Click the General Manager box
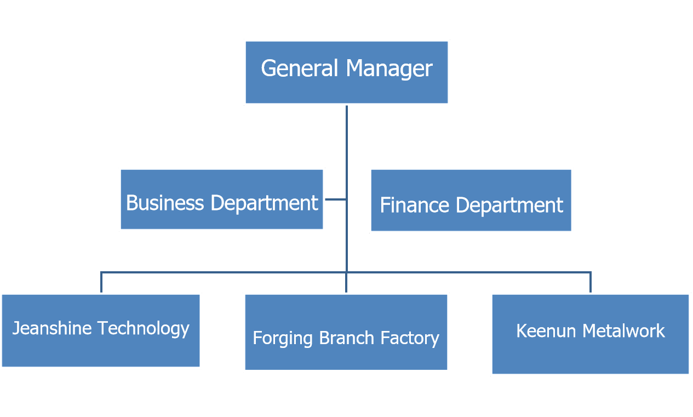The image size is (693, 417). tap(346, 72)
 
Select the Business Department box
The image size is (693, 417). tap(222, 199)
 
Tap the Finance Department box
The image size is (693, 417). tap(471, 200)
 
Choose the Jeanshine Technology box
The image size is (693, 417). tap(101, 330)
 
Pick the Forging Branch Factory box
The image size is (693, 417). tap(346, 333)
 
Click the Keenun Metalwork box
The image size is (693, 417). tap(590, 334)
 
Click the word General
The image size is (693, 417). tap(300, 68)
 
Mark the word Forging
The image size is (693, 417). tap(282, 338)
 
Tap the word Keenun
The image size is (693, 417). tap(546, 331)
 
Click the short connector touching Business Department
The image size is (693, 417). tap(335, 199)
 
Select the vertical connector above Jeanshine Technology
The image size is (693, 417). tap(101, 282)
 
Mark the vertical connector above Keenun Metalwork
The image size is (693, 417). tap(591, 282)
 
